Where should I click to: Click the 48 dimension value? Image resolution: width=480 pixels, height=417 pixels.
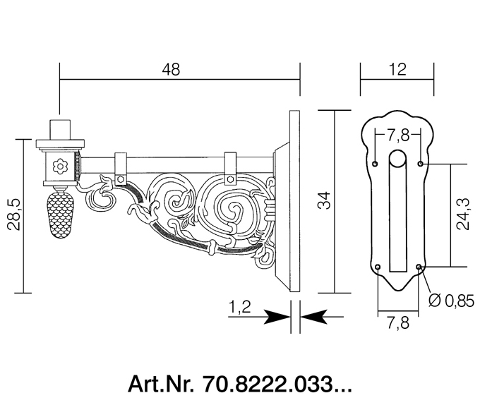point(171,69)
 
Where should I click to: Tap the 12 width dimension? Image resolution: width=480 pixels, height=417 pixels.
point(397,69)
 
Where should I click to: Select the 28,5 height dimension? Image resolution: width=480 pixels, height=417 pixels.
point(14,214)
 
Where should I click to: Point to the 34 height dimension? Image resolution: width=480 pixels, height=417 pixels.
point(324,200)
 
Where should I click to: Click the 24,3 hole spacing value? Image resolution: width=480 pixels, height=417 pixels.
point(463,214)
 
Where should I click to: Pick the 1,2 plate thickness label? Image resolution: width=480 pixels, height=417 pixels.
point(240,307)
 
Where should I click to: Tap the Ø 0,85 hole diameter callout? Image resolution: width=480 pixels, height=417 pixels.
point(451,301)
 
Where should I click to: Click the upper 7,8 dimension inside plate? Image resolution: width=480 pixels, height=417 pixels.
point(398,135)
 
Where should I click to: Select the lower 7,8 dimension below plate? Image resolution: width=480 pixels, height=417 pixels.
point(398,322)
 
